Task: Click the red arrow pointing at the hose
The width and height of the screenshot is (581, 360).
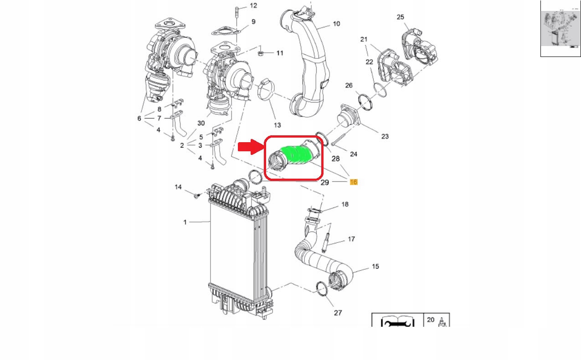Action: pos(249,147)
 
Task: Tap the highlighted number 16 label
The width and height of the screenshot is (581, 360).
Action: pos(354,182)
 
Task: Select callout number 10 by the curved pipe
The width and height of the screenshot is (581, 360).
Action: pos(336,24)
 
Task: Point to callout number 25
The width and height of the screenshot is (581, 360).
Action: pos(400,17)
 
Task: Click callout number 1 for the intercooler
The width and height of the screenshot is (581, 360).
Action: pos(185,222)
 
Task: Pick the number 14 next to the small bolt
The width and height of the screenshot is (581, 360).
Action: pos(178,187)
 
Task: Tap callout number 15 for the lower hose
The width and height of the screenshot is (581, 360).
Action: pos(375,266)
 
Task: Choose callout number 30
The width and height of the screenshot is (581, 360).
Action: pos(201,123)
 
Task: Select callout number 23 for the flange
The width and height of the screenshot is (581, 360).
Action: pos(385,136)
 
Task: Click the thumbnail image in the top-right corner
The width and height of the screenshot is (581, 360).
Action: pos(560,28)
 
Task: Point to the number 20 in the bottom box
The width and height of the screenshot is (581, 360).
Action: pos(431,320)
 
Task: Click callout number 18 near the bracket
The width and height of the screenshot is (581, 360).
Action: pos(344,205)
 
